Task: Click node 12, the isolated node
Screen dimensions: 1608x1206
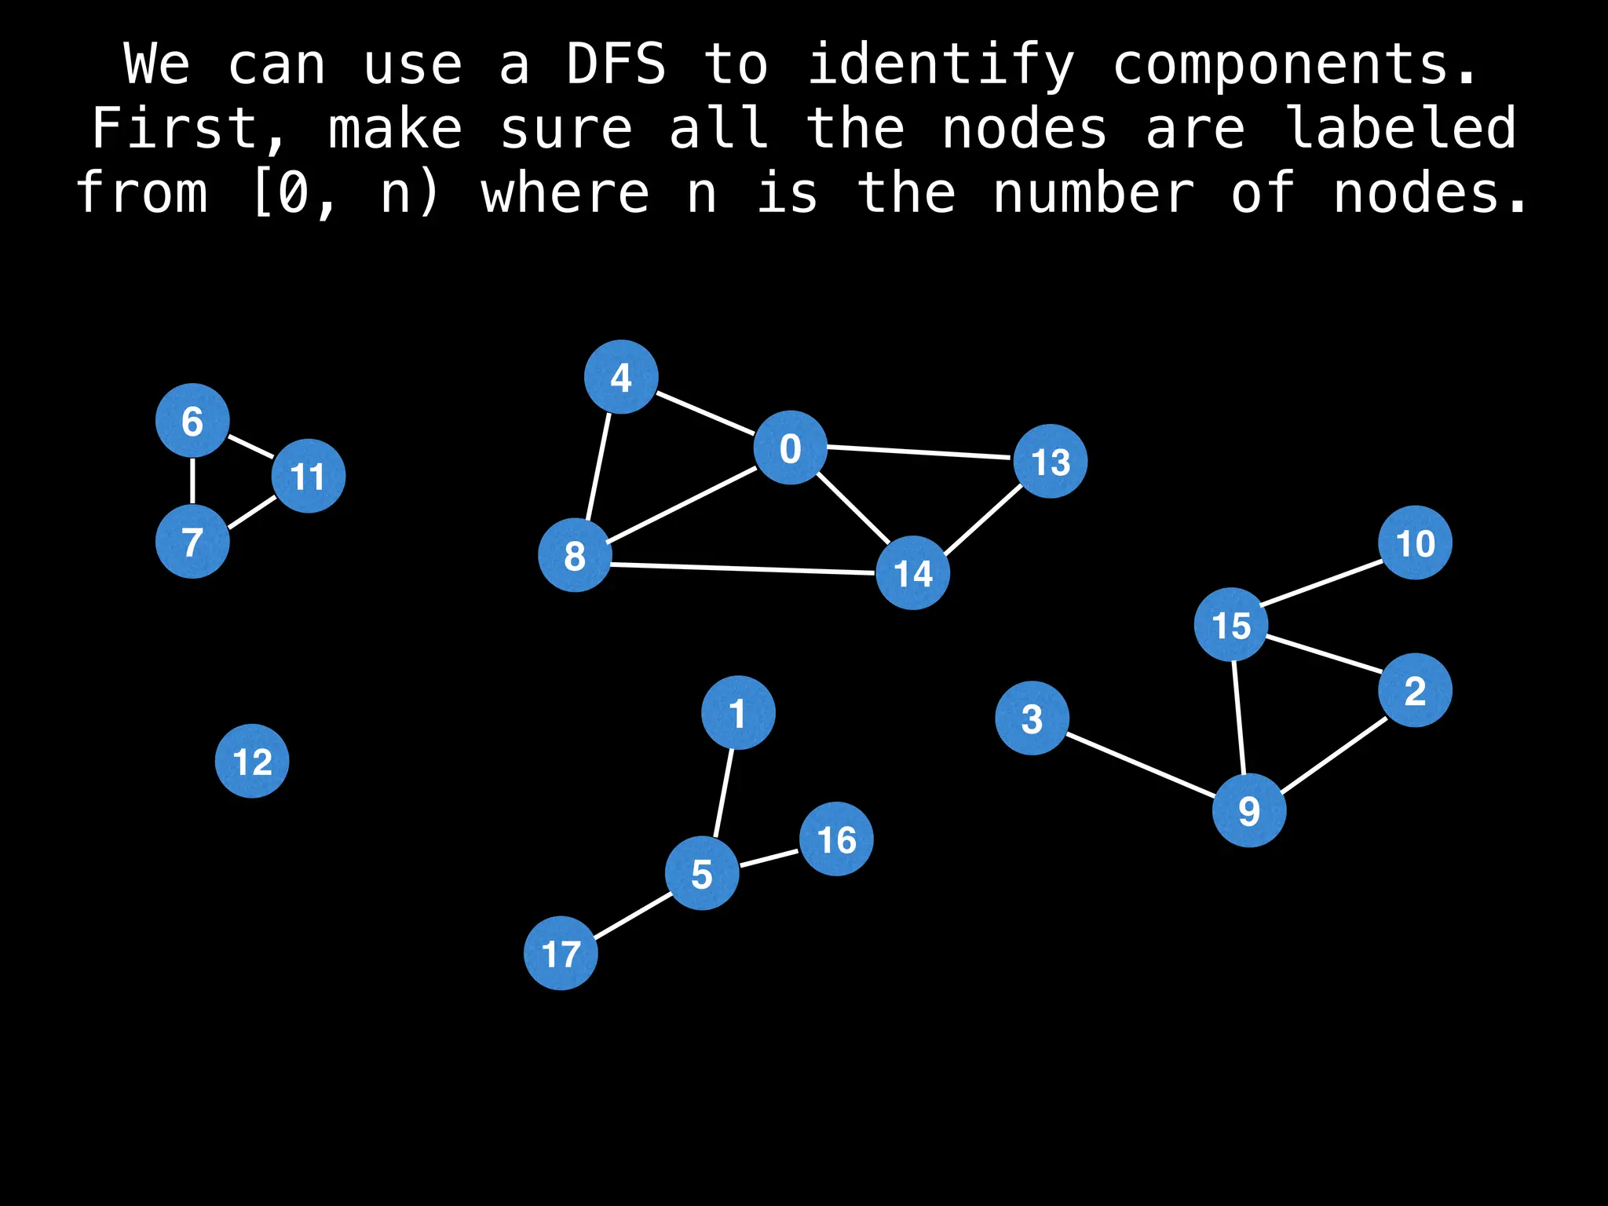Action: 252,761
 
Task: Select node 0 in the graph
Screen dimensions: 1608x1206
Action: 790,448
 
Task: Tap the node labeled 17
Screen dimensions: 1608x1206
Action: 561,953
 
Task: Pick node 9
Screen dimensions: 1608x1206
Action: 1248,810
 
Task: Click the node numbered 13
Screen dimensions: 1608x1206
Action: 1051,462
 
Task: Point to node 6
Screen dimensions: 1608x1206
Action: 192,421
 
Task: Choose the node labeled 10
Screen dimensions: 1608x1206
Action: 1415,543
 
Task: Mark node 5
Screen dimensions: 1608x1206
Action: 702,873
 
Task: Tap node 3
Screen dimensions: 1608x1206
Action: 1032,718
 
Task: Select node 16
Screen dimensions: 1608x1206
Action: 836,839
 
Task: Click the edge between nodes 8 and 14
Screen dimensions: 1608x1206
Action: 743,569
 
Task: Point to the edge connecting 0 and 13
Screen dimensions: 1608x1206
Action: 919,452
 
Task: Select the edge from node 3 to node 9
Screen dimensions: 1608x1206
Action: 1140,764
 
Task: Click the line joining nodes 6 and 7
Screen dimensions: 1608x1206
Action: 192,481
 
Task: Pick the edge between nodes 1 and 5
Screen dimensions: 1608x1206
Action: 723,793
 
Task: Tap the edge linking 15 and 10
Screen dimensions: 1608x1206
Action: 1322,583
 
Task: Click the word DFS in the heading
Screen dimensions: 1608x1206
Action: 616,64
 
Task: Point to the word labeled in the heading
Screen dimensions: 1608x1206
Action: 1402,129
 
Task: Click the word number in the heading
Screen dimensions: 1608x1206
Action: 1094,193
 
